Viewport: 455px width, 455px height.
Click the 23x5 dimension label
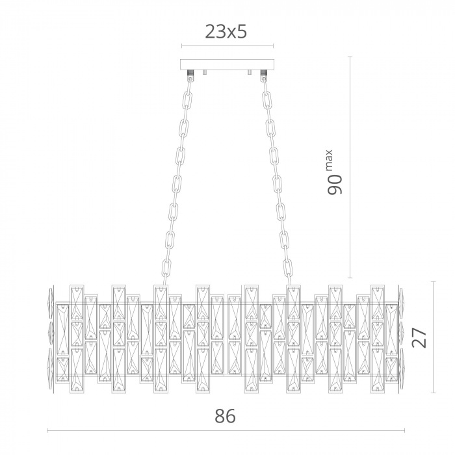[x=226, y=32]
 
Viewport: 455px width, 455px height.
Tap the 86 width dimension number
[x=225, y=416]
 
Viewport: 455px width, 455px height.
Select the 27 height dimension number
[x=419, y=337]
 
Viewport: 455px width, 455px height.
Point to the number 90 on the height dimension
[x=335, y=185]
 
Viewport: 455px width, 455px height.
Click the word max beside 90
[x=329, y=161]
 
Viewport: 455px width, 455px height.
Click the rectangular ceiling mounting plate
[x=227, y=64]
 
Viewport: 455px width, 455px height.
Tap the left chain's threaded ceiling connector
[x=190, y=72]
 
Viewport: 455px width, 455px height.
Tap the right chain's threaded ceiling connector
[x=263, y=72]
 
